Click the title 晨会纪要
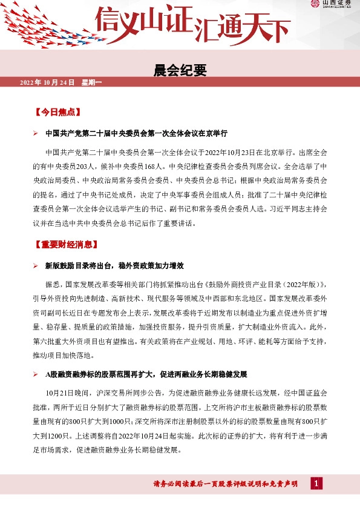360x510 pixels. tap(180, 71)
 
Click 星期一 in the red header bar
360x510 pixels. tap(91, 82)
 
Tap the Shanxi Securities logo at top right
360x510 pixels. tap(330, 5)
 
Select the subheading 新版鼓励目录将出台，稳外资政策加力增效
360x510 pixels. tap(114, 266)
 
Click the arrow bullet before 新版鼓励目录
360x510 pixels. tap(36, 266)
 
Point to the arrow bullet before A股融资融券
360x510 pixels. tap(36, 374)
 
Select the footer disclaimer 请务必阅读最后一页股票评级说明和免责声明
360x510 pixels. tap(226, 483)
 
